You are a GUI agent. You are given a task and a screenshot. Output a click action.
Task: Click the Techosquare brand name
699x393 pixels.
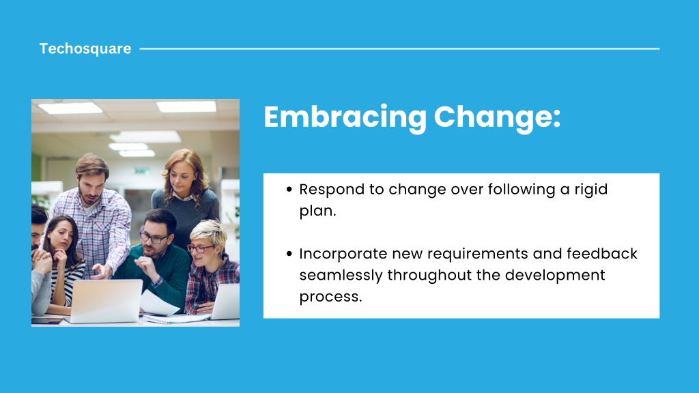point(85,48)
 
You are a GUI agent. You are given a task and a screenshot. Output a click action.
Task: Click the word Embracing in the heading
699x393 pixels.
point(345,117)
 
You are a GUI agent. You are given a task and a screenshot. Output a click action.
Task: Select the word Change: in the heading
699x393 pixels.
point(497,117)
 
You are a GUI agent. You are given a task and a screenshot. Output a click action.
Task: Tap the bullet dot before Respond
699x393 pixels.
point(289,190)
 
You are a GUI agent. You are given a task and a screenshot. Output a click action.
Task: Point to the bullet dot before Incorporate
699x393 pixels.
point(289,254)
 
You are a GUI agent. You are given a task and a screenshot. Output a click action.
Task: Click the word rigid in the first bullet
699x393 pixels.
point(590,190)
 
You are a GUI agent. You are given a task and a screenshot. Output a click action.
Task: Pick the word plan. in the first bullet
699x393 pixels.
point(317,212)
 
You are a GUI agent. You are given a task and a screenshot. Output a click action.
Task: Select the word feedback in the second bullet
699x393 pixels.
point(602,254)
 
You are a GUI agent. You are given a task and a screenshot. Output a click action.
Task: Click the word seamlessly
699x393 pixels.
point(341,276)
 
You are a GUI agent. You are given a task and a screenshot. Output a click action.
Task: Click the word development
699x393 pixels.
point(555,276)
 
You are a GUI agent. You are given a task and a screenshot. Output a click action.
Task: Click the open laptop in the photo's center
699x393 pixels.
point(105,300)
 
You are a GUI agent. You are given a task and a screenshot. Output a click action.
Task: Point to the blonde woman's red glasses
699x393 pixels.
point(199,248)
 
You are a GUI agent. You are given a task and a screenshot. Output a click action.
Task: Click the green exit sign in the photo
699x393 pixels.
point(142,171)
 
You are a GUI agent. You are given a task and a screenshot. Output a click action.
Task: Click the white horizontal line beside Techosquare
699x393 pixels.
point(399,48)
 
